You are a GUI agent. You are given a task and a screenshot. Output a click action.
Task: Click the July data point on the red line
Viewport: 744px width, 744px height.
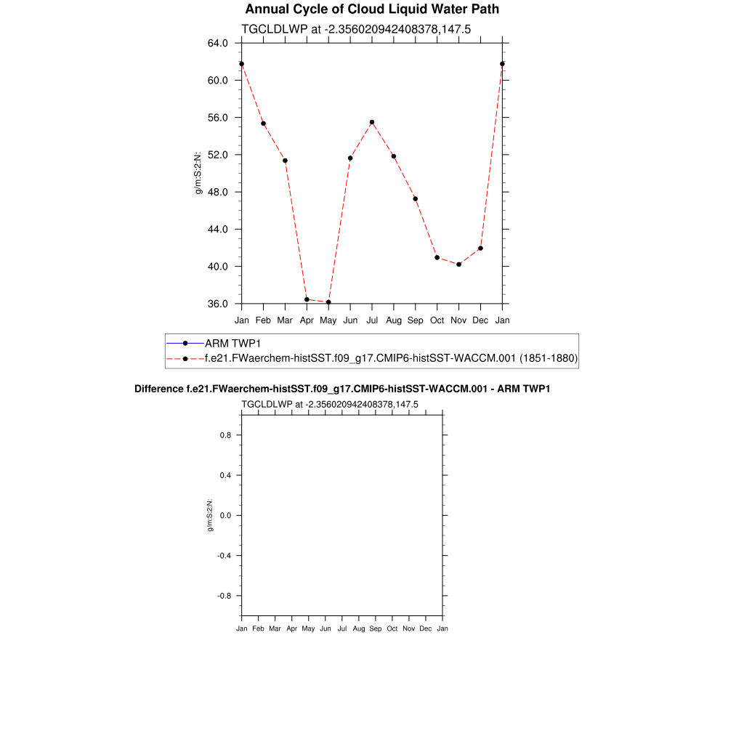click(x=372, y=122)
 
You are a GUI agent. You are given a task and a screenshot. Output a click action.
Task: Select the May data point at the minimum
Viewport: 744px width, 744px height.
click(x=328, y=302)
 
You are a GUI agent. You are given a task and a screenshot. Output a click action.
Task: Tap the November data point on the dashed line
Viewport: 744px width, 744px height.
click(x=459, y=264)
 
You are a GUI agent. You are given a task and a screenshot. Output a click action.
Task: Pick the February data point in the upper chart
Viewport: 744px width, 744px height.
click(x=263, y=124)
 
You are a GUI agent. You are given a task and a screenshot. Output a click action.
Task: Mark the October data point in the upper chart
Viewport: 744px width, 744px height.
click(x=437, y=257)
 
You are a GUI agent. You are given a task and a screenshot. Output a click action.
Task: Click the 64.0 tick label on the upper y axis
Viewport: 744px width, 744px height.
click(x=218, y=43)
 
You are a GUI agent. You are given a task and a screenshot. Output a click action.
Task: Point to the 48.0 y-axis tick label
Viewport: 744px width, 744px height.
click(x=218, y=192)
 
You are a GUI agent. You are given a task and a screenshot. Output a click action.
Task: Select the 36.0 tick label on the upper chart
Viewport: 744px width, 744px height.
click(x=218, y=304)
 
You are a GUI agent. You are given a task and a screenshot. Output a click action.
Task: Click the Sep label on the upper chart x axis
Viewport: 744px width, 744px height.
click(x=416, y=320)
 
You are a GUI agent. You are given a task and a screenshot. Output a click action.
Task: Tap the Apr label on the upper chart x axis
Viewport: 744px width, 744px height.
click(x=307, y=320)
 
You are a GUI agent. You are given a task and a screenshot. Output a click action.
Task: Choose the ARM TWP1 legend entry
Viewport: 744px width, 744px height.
click(x=232, y=343)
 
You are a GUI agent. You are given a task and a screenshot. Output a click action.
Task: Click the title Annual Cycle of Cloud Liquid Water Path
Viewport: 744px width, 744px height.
click(x=372, y=9)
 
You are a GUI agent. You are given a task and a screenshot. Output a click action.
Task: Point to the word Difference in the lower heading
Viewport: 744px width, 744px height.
click(x=154, y=389)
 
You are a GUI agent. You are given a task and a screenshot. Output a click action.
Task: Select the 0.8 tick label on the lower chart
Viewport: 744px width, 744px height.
click(x=225, y=435)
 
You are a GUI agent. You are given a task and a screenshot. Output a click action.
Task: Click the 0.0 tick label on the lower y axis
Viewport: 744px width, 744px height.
click(x=225, y=516)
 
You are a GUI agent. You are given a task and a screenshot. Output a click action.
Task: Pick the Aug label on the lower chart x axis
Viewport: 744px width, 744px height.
click(x=359, y=628)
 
